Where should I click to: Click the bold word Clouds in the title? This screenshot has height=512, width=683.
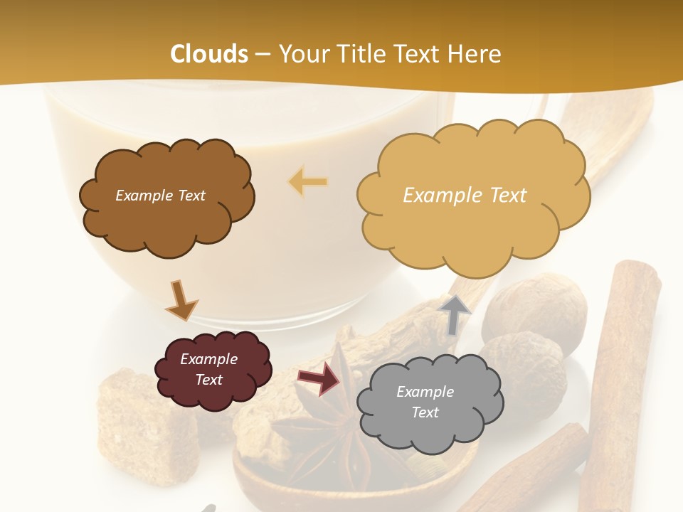(209, 54)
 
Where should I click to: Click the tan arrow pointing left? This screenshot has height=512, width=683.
(308, 182)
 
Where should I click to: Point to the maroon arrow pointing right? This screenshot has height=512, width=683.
(319, 379)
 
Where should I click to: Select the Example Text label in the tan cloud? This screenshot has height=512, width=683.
(465, 196)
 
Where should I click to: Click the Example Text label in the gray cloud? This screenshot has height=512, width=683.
(425, 402)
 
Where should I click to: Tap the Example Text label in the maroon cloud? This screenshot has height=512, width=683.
(209, 369)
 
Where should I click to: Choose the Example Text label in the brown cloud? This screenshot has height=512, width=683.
(160, 196)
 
